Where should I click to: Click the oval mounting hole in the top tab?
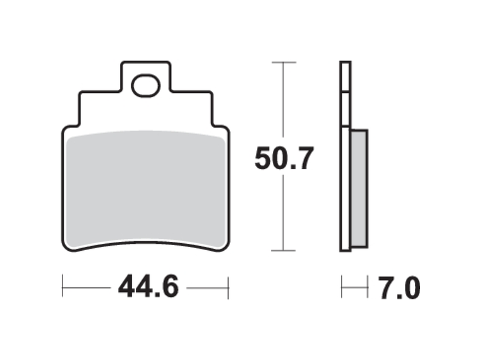click(146, 86)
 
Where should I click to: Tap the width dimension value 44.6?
click(148, 288)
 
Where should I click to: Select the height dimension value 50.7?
click(284, 159)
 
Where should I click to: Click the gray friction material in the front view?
click(146, 189)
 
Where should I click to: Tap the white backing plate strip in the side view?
click(345, 158)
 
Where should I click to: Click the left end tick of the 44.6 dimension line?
click(63, 288)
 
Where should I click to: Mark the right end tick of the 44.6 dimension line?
click(228, 288)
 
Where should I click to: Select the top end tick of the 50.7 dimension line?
click(284, 63)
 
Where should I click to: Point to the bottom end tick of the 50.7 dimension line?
click(284, 251)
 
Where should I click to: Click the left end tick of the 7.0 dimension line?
click(342, 288)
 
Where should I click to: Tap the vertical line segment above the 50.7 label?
click(284, 101)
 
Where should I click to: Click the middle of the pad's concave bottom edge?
click(146, 239)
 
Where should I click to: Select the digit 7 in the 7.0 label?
click(387, 289)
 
